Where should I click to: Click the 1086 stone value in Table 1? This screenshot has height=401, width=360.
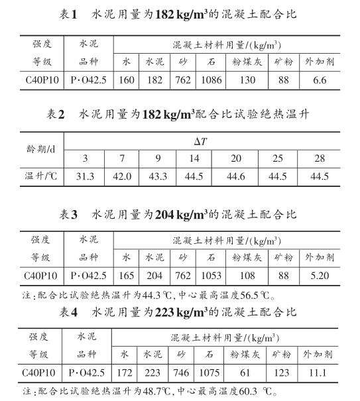[210, 80]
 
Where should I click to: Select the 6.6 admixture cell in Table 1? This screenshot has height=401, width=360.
[320, 80]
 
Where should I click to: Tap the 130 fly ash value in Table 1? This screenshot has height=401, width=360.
[246, 80]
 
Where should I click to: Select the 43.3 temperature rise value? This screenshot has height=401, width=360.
[158, 177]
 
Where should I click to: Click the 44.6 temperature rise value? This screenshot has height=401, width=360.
[235, 177]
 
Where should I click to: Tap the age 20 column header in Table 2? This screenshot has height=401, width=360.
[235, 160]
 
